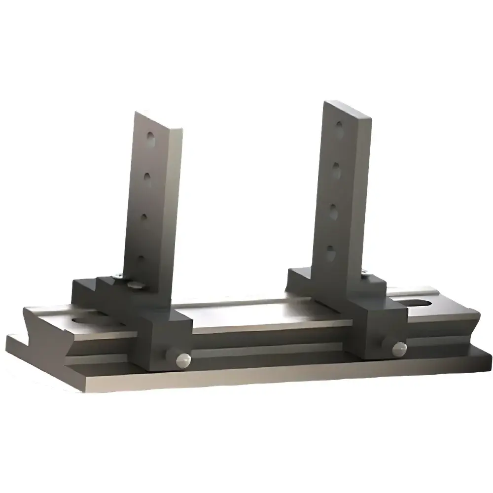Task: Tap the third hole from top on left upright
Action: [144, 216]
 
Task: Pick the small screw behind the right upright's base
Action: [365, 272]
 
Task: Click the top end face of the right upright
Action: [347, 109]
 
